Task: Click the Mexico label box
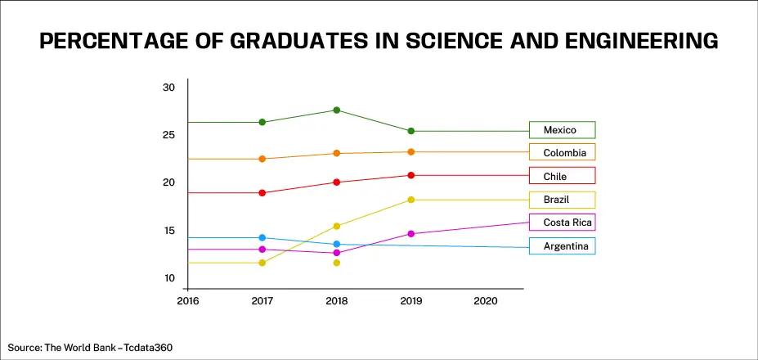(x=562, y=130)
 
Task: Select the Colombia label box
(x=562, y=153)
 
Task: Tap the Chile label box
(x=562, y=176)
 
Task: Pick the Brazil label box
(x=562, y=200)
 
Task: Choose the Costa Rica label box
(x=562, y=223)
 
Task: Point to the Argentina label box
(x=562, y=246)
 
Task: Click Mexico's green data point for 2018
(x=336, y=110)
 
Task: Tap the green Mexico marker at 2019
(x=410, y=131)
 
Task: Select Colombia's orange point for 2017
(x=262, y=159)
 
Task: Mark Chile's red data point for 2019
(x=410, y=175)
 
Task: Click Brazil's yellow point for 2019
(x=410, y=200)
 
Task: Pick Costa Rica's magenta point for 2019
(x=410, y=234)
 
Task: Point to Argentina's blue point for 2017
(x=262, y=238)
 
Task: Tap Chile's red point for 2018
(x=336, y=182)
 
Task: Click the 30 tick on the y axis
(x=169, y=88)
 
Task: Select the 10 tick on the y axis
(x=169, y=278)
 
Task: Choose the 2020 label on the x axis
(x=485, y=301)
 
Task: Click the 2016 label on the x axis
(x=187, y=301)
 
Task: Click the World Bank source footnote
(x=91, y=348)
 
